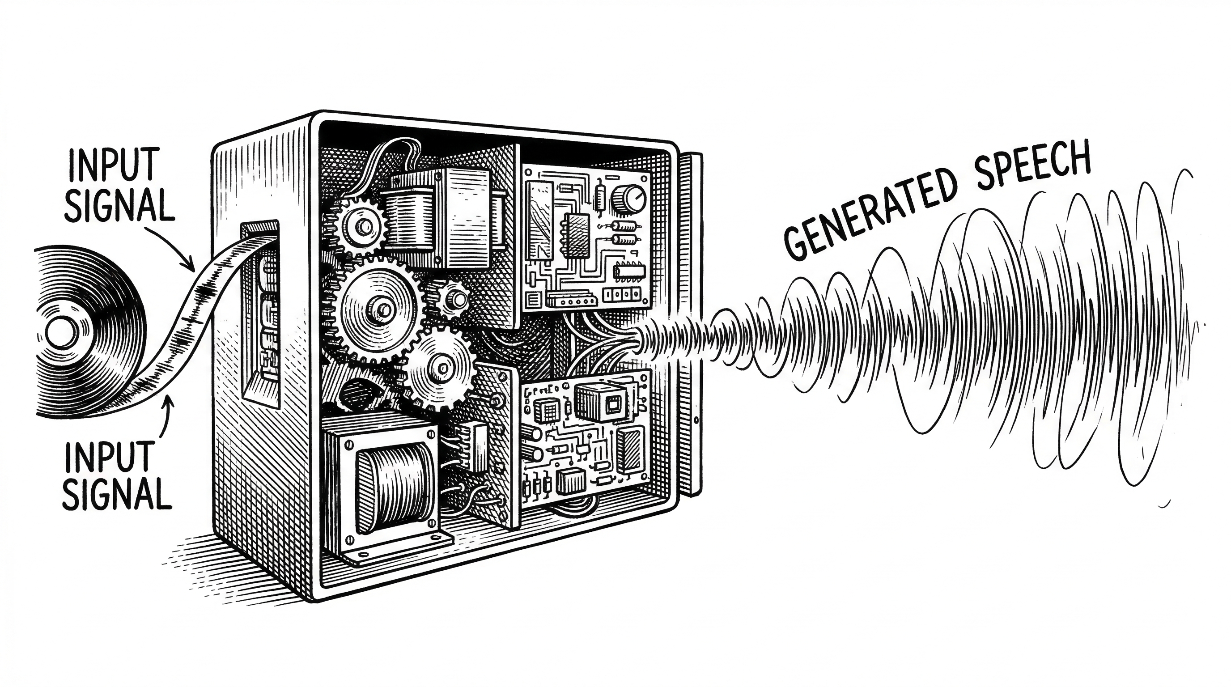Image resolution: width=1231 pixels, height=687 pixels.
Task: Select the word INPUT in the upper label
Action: click(114, 165)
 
